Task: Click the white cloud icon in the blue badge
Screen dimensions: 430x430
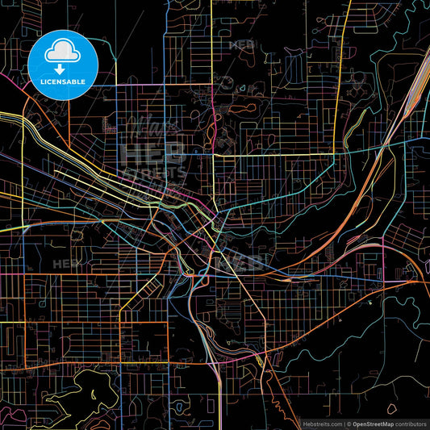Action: tap(62, 53)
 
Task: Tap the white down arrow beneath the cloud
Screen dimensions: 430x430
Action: tap(62, 69)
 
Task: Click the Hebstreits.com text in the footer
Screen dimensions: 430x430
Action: tap(321, 422)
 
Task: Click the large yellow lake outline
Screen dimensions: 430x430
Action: tap(81, 395)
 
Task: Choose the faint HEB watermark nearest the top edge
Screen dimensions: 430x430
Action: tap(242, 45)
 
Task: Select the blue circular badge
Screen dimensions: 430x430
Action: tap(62, 65)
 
